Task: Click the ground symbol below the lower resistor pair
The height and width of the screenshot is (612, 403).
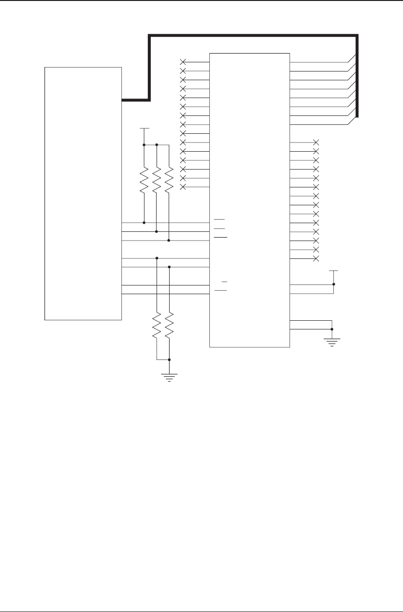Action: pos(169,377)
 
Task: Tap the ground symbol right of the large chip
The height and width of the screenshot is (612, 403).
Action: pos(332,342)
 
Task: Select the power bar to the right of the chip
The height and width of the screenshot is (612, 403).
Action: pos(333,271)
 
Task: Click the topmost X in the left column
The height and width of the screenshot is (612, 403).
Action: pos(183,62)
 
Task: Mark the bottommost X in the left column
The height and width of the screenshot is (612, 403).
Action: pos(183,187)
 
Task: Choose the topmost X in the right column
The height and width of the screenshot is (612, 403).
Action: pos(317,142)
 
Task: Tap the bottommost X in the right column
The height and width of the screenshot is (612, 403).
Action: pos(317,259)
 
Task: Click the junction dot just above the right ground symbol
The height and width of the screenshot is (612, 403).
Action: pos(332,329)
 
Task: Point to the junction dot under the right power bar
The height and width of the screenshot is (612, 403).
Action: pos(333,285)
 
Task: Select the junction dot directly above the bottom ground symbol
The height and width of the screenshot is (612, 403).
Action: pos(169,360)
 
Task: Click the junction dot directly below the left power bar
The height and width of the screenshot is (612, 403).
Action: pos(144,144)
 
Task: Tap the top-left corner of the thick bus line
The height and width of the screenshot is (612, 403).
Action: pos(149,35)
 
